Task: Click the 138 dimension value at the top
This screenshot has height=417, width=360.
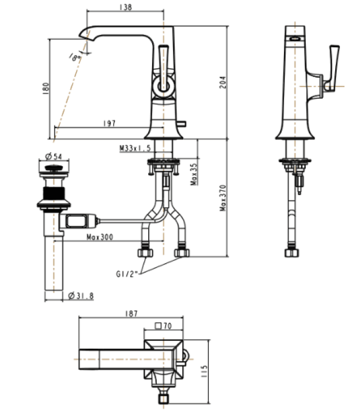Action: tap(126, 7)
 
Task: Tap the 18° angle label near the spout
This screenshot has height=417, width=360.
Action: tap(75, 57)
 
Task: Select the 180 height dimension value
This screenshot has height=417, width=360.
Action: tap(46, 88)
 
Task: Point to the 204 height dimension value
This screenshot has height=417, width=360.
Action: tap(223, 82)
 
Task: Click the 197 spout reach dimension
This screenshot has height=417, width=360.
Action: tap(109, 123)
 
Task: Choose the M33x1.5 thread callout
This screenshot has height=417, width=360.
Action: tap(135, 148)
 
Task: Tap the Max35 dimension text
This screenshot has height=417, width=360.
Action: tap(194, 174)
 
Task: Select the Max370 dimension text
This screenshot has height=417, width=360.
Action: tap(223, 198)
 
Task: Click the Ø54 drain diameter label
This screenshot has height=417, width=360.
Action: tap(54, 157)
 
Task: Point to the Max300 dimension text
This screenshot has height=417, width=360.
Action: tap(100, 237)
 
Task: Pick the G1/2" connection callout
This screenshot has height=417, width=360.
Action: tap(127, 274)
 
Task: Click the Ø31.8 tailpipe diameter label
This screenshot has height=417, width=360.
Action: tap(81, 295)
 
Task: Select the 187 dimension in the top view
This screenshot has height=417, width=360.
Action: tap(131, 313)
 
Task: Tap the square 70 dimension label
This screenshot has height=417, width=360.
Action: tap(163, 326)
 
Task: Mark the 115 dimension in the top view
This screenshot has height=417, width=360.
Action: tap(204, 371)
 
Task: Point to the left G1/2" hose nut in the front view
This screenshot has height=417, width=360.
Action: tap(145, 252)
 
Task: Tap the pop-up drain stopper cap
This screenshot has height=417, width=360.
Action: tap(54, 168)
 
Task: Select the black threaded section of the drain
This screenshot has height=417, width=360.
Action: tap(54, 193)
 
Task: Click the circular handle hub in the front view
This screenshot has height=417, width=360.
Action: tap(163, 86)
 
